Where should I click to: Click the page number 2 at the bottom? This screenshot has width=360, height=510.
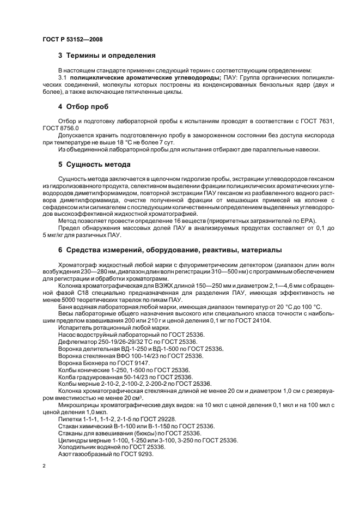[43, 466]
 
